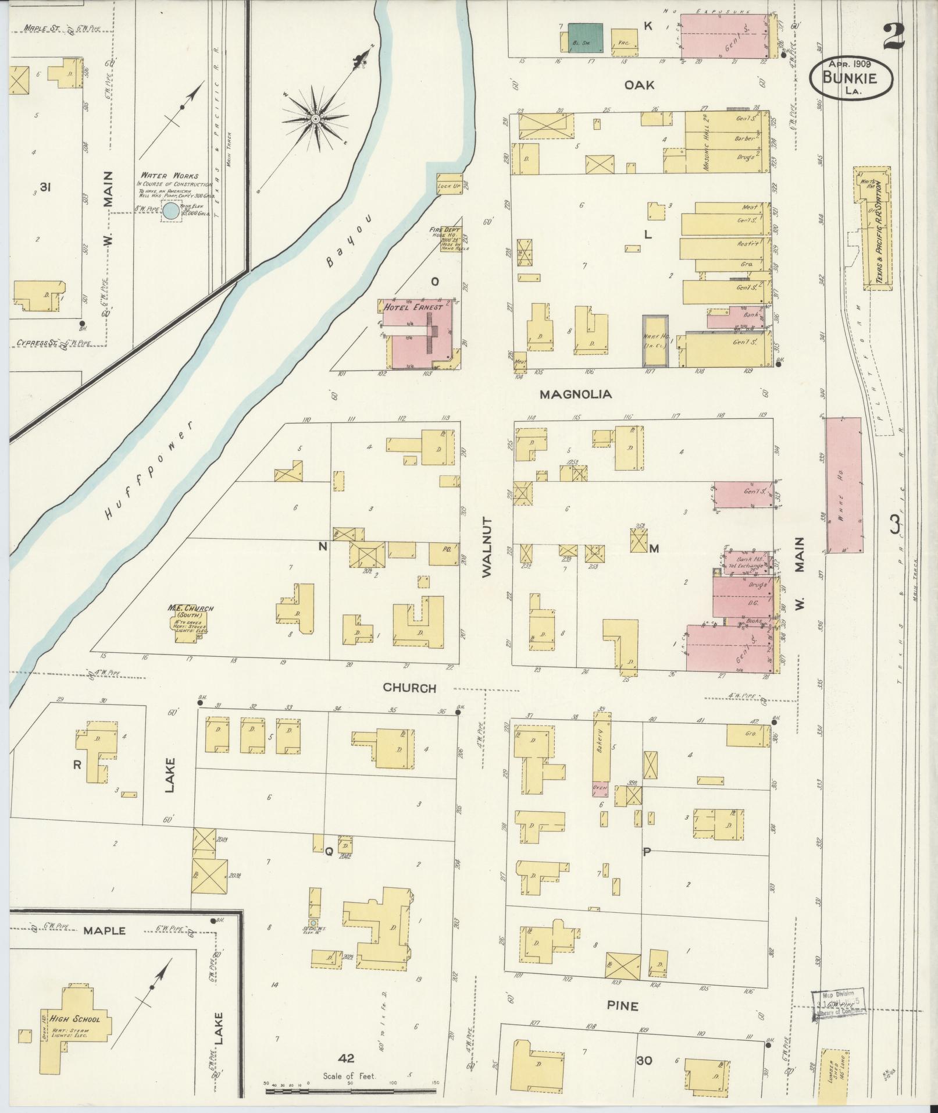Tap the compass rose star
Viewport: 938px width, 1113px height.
315,119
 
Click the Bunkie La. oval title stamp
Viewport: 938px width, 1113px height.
851,76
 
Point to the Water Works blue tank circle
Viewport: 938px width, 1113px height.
170,212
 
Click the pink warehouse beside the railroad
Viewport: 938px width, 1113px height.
844,484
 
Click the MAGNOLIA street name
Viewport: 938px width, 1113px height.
576,394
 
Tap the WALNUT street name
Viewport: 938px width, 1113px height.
487,546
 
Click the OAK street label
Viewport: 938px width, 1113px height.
639,86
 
